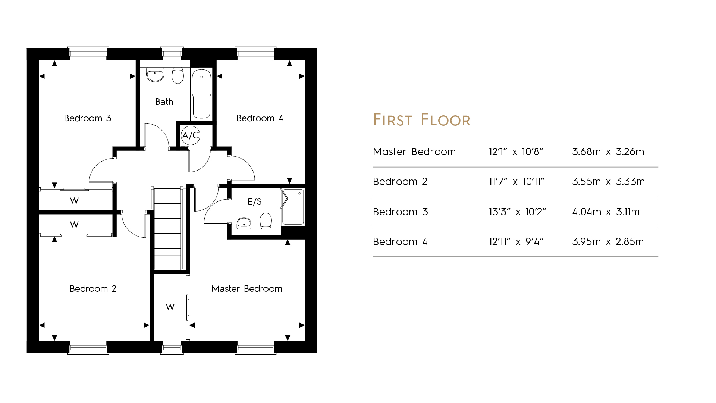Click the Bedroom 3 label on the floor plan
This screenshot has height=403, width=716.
88,118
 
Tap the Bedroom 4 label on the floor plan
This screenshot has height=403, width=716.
260,118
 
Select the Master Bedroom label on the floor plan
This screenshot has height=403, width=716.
247,289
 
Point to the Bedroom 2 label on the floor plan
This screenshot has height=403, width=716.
93,289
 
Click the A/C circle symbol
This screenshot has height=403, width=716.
191,135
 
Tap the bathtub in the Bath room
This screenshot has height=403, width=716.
202,94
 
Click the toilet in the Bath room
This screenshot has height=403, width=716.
178,75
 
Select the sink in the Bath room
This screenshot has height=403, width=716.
155,74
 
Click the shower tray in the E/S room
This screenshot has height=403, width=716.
293,207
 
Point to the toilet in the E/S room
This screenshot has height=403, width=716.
266,221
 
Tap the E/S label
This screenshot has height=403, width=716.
255,202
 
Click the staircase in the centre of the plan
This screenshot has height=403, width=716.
168,229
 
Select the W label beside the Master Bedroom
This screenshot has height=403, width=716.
170,307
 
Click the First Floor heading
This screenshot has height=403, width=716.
422,120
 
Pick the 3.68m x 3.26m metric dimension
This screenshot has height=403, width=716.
608,152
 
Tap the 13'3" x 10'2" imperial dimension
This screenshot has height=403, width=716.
518,212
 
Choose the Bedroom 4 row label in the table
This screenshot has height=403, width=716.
401,242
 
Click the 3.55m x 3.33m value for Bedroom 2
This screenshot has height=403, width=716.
609,182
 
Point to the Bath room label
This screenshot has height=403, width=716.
164,102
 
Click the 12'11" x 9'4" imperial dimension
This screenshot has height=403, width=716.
516,242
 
